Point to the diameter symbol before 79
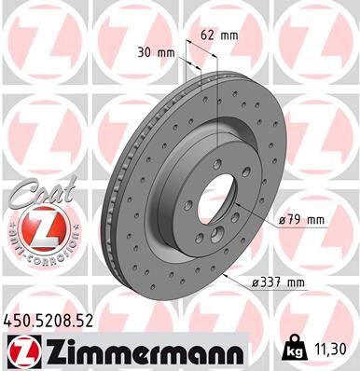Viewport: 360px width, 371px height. coord(282,220)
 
